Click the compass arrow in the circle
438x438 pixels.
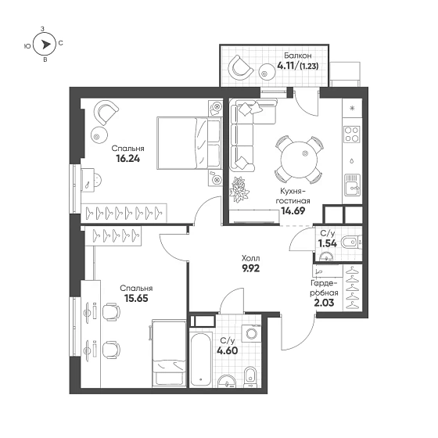click(45, 45)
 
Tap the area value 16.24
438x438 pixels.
click(128, 159)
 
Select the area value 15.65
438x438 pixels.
click(136, 298)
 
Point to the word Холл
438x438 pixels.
click(250, 258)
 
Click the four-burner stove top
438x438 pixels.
click(352, 135)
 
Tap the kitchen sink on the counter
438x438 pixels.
click(352, 185)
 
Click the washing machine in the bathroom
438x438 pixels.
click(251, 333)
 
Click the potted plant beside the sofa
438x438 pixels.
click(239, 189)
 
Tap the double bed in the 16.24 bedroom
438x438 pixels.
click(189, 143)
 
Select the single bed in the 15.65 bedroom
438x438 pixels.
click(169, 354)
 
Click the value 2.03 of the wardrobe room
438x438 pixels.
click(324, 303)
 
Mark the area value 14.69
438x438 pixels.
click(293, 211)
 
